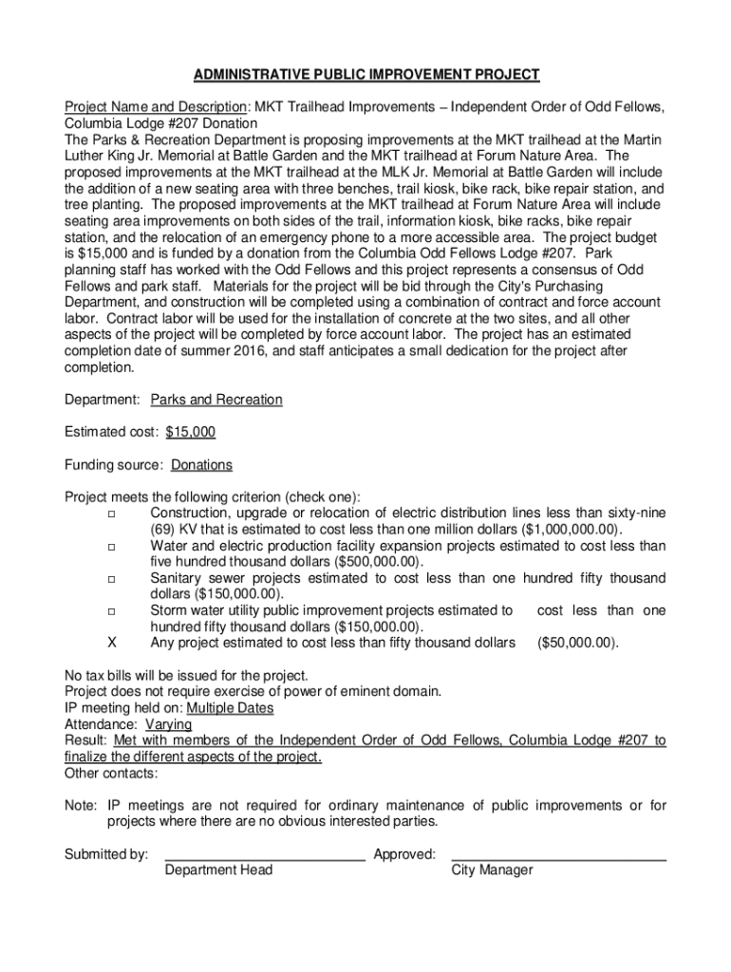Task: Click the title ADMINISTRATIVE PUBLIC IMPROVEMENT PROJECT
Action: [x=366, y=74]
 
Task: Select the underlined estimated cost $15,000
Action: [x=191, y=432]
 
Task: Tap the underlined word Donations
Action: [x=202, y=465]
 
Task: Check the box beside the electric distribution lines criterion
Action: [x=112, y=514]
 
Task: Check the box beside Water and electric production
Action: [x=112, y=547]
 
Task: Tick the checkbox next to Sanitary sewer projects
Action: [x=112, y=579]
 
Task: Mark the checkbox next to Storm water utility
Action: [x=112, y=611]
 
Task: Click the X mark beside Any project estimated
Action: [x=112, y=643]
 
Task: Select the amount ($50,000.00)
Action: [x=577, y=643]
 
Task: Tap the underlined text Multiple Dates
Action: [x=230, y=708]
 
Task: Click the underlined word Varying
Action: [x=168, y=724]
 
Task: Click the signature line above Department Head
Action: [x=265, y=857]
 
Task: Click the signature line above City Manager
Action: [x=558, y=857]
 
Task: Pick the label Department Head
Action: [x=218, y=870]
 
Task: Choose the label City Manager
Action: [x=492, y=870]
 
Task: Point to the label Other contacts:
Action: [x=111, y=774]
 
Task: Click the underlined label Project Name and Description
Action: [x=156, y=106]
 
